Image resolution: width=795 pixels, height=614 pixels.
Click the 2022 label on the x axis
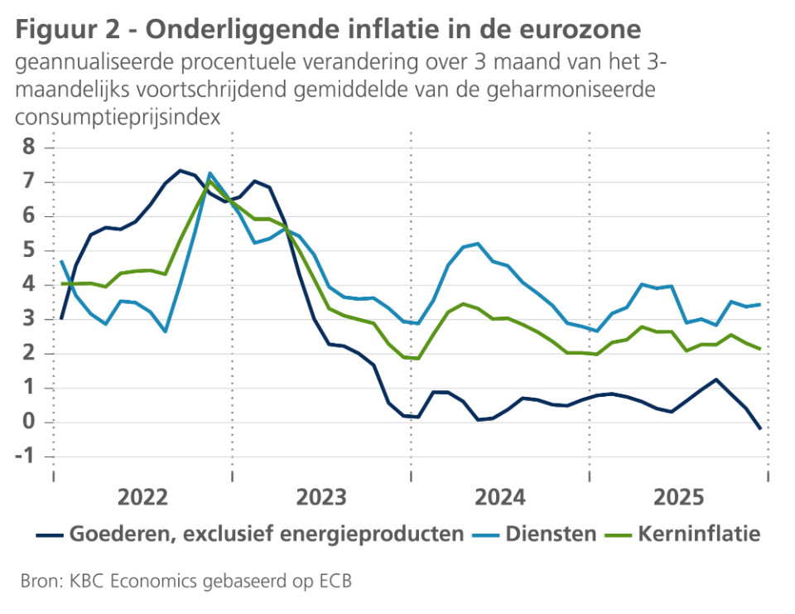coord(143,498)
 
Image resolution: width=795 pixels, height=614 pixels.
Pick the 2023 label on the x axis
coord(321,498)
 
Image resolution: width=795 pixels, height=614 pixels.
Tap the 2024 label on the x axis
coord(500,498)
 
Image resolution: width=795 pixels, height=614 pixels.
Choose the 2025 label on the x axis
coord(679,498)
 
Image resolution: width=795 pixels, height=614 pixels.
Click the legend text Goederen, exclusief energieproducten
coord(267,534)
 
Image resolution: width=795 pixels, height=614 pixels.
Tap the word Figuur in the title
coord(55,30)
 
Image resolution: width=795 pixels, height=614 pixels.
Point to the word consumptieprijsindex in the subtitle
coord(118,116)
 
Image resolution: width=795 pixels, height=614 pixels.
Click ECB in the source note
coord(335,581)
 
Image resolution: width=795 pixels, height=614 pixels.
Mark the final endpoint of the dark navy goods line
coord(759,428)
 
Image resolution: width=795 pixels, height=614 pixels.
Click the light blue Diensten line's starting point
coord(61,261)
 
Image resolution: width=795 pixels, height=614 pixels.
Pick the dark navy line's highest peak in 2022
coord(181,171)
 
